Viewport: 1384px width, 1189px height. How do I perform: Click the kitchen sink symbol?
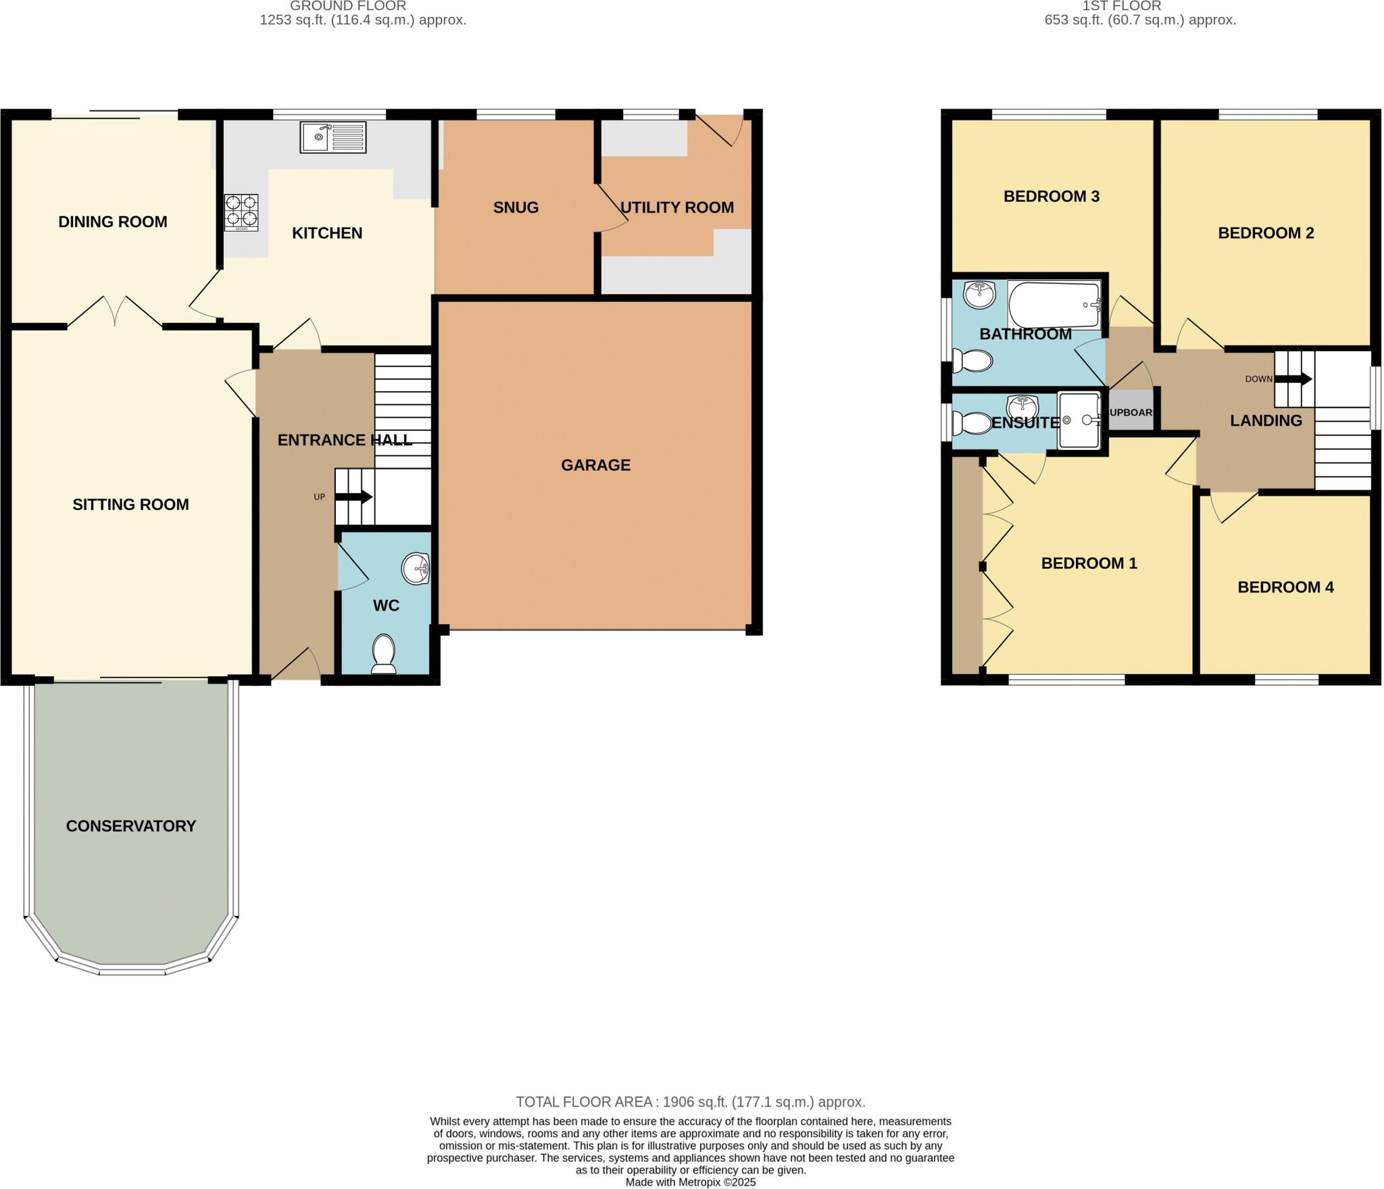[333, 137]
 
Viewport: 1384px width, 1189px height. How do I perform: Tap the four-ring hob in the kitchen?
[241, 212]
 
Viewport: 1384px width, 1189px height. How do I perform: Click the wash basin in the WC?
[415, 569]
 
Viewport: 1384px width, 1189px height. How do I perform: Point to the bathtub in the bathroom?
[1054, 305]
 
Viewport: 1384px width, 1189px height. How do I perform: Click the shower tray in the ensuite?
[1079, 420]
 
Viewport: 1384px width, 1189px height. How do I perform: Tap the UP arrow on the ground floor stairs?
[353, 497]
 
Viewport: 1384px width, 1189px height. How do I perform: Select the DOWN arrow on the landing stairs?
[1293, 379]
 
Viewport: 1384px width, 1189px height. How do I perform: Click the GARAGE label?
[595, 465]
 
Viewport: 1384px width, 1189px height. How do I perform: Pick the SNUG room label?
[516, 207]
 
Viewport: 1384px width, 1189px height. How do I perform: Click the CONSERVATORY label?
[131, 826]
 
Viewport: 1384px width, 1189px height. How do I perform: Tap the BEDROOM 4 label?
[1285, 587]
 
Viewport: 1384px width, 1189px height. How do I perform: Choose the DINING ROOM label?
[113, 222]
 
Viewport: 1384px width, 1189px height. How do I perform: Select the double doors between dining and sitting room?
[115, 313]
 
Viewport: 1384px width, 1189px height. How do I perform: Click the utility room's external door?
[720, 128]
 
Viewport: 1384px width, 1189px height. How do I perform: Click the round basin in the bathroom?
[979, 295]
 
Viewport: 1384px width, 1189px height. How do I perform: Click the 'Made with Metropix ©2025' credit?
[691, 1182]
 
